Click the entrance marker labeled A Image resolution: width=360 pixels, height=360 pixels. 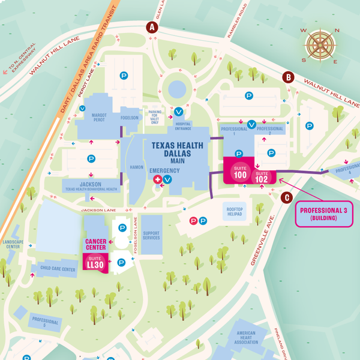tap(152, 27)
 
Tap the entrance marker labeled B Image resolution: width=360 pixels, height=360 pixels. tap(288, 77)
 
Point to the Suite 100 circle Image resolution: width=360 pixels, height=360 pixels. tap(241, 174)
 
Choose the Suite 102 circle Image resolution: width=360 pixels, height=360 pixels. tap(262, 176)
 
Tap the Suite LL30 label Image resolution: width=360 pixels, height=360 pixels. tap(95, 262)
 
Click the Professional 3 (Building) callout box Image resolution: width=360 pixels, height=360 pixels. tap(324, 214)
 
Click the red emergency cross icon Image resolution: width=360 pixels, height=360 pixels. tap(158, 179)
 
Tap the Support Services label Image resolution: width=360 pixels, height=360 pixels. tap(151, 234)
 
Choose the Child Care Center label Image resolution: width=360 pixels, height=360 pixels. tap(58, 269)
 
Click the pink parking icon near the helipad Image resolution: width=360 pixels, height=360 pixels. tap(193, 221)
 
